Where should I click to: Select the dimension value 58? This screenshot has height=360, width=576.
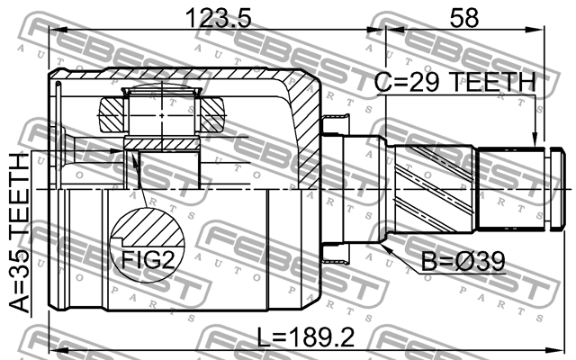pos(466,18)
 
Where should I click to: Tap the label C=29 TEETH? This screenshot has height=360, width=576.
pos(454,84)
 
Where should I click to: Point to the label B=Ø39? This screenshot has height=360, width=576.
pos(463,262)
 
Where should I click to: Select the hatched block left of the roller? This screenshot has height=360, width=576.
pos(113,114)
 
